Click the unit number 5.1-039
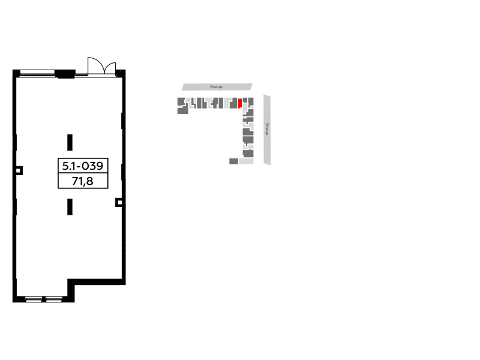(x=83, y=166)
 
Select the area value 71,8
(x=83, y=181)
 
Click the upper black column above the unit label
(x=70, y=142)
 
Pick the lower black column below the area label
(x=70, y=206)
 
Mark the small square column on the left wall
(x=19, y=170)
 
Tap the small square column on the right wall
(x=119, y=202)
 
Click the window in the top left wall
(x=37, y=73)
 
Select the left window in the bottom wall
(x=34, y=299)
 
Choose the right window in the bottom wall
(x=54, y=299)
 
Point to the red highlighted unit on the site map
(x=240, y=103)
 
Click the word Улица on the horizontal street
(x=216, y=87)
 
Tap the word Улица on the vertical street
(x=267, y=129)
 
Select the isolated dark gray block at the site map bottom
(x=233, y=161)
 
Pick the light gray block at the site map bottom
(x=246, y=161)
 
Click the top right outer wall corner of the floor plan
(x=125, y=70)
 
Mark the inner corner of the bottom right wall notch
(x=71, y=282)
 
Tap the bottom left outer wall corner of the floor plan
(x=13, y=302)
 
